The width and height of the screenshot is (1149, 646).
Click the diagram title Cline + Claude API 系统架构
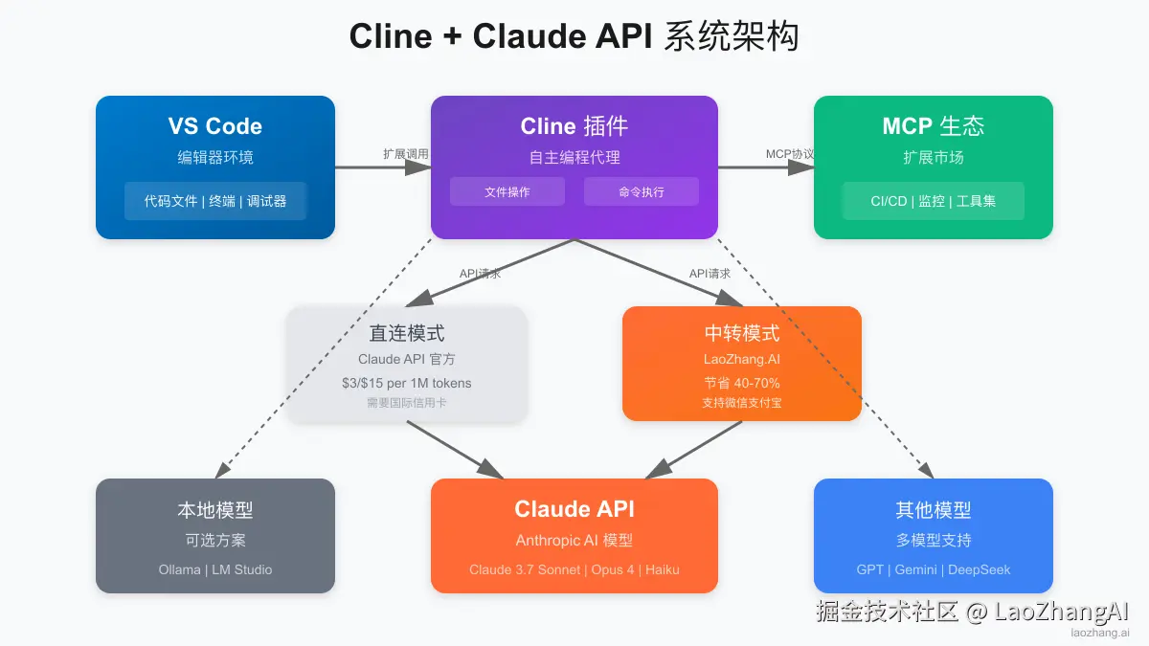click(574, 36)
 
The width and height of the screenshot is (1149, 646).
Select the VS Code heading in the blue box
click(215, 126)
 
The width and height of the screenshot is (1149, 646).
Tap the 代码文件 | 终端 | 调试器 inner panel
click(215, 201)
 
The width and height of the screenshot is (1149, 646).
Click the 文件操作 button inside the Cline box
click(507, 191)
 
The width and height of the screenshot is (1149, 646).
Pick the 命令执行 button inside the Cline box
click(642, 191)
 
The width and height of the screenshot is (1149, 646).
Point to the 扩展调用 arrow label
click(406, 153)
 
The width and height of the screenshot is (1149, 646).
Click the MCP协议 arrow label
click(790, 153)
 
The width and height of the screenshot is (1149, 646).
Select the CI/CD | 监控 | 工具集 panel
click(934, 201)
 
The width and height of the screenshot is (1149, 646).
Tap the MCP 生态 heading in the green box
click(934, 126)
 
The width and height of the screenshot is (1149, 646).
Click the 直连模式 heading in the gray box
click(407, 333)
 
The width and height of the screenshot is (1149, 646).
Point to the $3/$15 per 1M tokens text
click(407, 383)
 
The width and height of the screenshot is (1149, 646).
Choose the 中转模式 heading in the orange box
click(742, 333)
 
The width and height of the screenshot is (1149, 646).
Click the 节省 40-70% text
click(742, 383)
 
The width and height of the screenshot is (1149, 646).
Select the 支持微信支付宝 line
click(742, 403)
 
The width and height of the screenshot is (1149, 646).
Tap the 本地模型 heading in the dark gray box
click(215, 510)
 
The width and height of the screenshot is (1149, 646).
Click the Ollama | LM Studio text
click(215, 569)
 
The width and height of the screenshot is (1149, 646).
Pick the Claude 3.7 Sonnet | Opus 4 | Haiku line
click(574, 569)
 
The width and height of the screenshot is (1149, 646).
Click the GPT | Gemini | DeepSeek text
click(934, 569)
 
